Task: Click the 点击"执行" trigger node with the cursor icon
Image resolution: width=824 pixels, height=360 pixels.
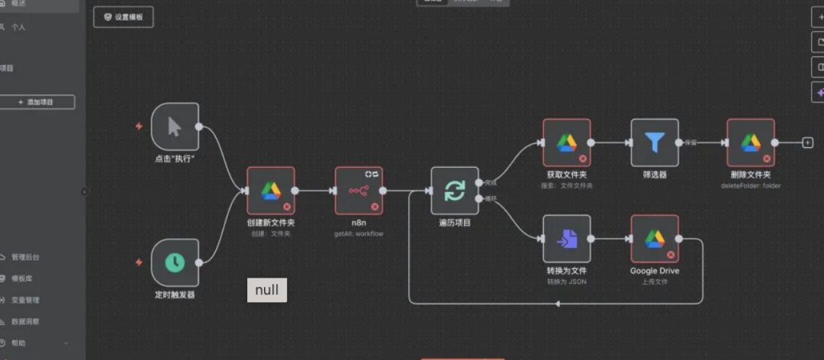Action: click(x=175, y=127)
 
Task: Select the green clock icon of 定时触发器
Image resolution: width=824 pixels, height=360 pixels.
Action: click(x=175, y=262)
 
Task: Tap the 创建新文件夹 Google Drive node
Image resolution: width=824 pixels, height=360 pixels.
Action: click(x=271, y=191)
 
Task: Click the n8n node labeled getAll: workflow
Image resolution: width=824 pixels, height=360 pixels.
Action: click(x=359, y=191)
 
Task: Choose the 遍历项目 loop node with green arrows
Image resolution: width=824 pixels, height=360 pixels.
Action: click(x=455, y=191)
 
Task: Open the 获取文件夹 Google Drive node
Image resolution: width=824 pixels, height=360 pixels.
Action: click(x=566, y=143)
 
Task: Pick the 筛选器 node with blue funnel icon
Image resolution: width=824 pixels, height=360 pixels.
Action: click(x=655, y=143)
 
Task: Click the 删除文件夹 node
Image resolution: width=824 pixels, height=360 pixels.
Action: click(x=751, y=143)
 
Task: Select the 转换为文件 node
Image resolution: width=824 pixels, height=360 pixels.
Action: click(x=566, y=239)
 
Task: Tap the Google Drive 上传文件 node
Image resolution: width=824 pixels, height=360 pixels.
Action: click(x=655, y=239)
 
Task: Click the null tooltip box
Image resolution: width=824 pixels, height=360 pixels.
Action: click(x=267, y=290)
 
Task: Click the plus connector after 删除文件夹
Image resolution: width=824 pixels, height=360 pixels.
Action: click(x=807, y=143)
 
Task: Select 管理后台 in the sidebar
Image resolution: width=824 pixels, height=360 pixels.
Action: click(x=25, y=257)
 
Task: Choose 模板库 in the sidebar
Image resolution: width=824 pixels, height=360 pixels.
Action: click(x=21, y=278)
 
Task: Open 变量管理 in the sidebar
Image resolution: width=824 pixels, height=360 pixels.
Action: click(x=25, y=300)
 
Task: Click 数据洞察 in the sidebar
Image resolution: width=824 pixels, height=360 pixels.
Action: click(x=25, y=321)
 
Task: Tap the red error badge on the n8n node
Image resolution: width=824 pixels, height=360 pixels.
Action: click(x=375, y=207)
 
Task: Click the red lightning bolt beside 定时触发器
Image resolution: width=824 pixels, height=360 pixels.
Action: click(x=139, y=262)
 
